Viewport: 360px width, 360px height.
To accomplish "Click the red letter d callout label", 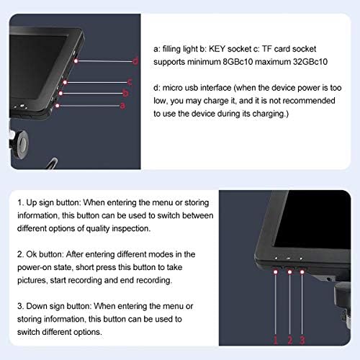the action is (x=135, y=61).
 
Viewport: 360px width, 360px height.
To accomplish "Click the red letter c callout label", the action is (x=130, y=82).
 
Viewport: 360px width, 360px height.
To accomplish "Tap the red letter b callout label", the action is (x=125, y=93).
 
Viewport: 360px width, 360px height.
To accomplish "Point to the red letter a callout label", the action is (x=122, y=106).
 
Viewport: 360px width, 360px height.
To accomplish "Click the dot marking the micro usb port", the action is (x=76, y=61).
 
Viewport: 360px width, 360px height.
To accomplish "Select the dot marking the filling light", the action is (x=58, y=106).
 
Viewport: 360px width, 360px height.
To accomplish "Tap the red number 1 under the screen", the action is (x=276, y=340).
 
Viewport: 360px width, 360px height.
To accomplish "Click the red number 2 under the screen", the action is (x=290, y=340).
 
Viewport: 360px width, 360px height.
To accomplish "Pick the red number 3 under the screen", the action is (x=302, y=340).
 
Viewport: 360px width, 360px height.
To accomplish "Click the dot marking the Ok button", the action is (x=289, y=272).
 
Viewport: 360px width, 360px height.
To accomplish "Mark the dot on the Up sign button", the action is (x=276, y=271).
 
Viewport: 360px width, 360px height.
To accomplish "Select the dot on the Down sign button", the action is (x=302, y=272).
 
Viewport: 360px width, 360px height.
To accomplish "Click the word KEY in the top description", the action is (x=217, y=49).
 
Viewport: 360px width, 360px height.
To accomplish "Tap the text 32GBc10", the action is (x=310, y=62).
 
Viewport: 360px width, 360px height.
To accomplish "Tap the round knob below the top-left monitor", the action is (x=22, y=143).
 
